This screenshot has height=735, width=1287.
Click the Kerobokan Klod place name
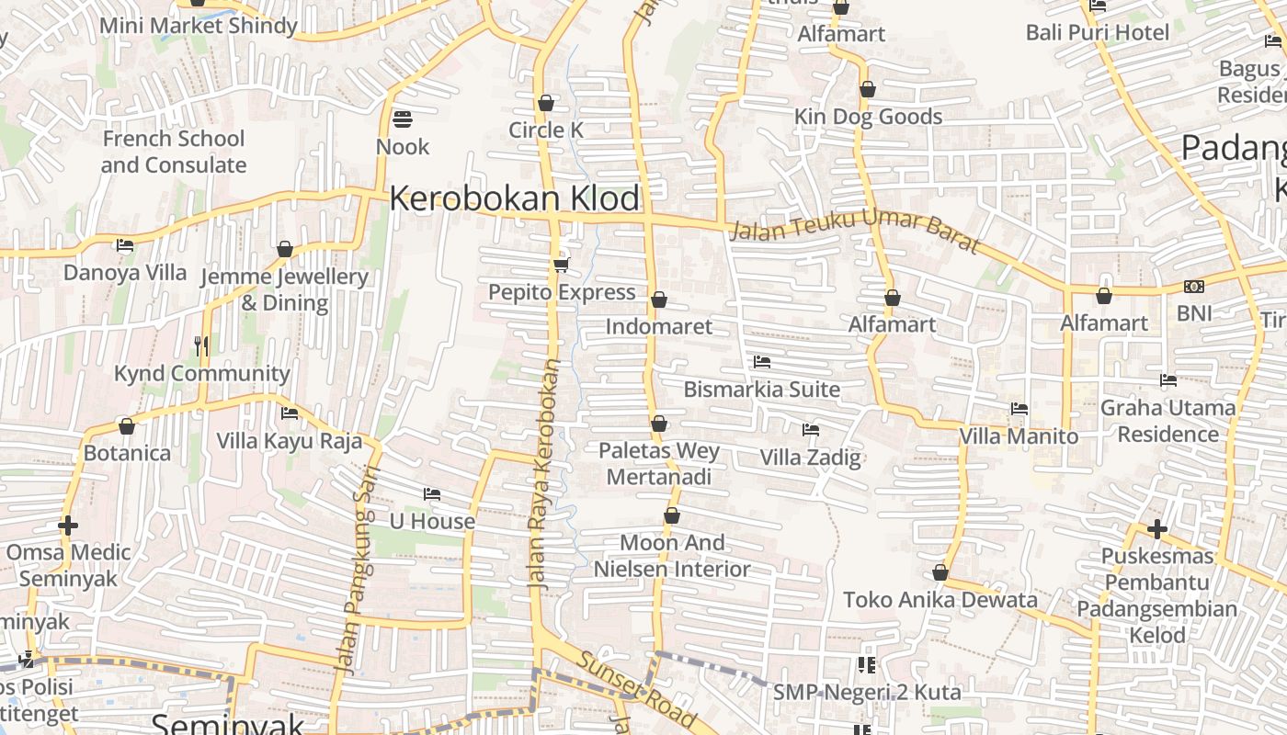[x=515, y=198]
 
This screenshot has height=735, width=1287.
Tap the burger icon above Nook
[x=402, y=119]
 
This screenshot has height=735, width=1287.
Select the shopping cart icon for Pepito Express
[x=561, y=266]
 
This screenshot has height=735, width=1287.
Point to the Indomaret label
[x=658, y=326]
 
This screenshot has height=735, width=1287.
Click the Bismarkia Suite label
[x=761, y=390]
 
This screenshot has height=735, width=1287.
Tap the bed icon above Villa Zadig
[x=810, y=430]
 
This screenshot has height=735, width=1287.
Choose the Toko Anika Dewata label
[x=940, y=600]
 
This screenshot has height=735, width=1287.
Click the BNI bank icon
[x=1194, y=287]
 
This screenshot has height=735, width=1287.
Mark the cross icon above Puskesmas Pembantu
[x=1157, y=529]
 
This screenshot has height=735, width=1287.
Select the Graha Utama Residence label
[x=1167, y=421]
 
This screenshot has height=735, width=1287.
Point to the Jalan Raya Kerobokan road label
[x=543, y=473]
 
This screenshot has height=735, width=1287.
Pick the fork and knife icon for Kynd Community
[x=202, y=346]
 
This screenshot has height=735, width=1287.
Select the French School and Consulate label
[x=174, y=152]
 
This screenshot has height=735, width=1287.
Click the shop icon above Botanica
[x=127, y=427]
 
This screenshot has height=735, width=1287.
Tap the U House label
[x=432, y=521]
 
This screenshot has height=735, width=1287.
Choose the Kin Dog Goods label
[x=868, y=117]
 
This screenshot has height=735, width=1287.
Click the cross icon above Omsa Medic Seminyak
[x=68, y=526]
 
